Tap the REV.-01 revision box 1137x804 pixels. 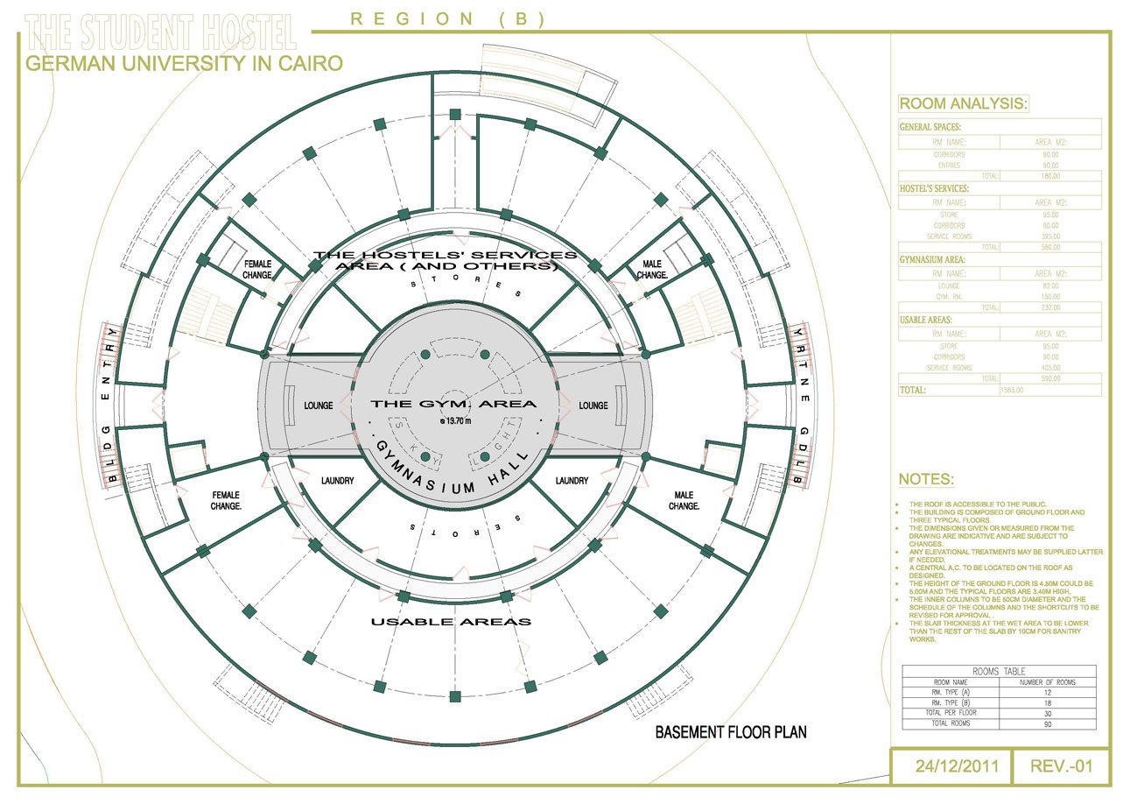(x=1062, y=767)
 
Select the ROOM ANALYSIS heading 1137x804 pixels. (x=964, y=104)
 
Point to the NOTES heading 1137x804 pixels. (x=927, y=480)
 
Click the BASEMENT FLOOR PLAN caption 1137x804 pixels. (x=731, y=732)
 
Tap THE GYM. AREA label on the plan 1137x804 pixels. (x=453, y=404)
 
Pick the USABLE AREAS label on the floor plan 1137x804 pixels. (x=451, y=622)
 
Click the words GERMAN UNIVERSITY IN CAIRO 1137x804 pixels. (x=184, y=63)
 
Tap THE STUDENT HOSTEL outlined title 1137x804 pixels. (x=161, y=33)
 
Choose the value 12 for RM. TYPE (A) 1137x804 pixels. (x=1048, y=692)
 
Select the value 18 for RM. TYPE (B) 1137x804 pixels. (x=1048, y=702)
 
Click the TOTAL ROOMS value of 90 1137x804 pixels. (x=1048, y=723)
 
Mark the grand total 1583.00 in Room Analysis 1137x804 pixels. (x=1012, y=390)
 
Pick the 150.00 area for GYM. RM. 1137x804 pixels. (x=1048, y=297)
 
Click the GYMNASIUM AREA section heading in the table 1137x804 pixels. (x=931, y=260)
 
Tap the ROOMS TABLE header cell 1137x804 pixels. (x=999, y=671)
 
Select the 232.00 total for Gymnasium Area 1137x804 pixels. (x=1048, y=307)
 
